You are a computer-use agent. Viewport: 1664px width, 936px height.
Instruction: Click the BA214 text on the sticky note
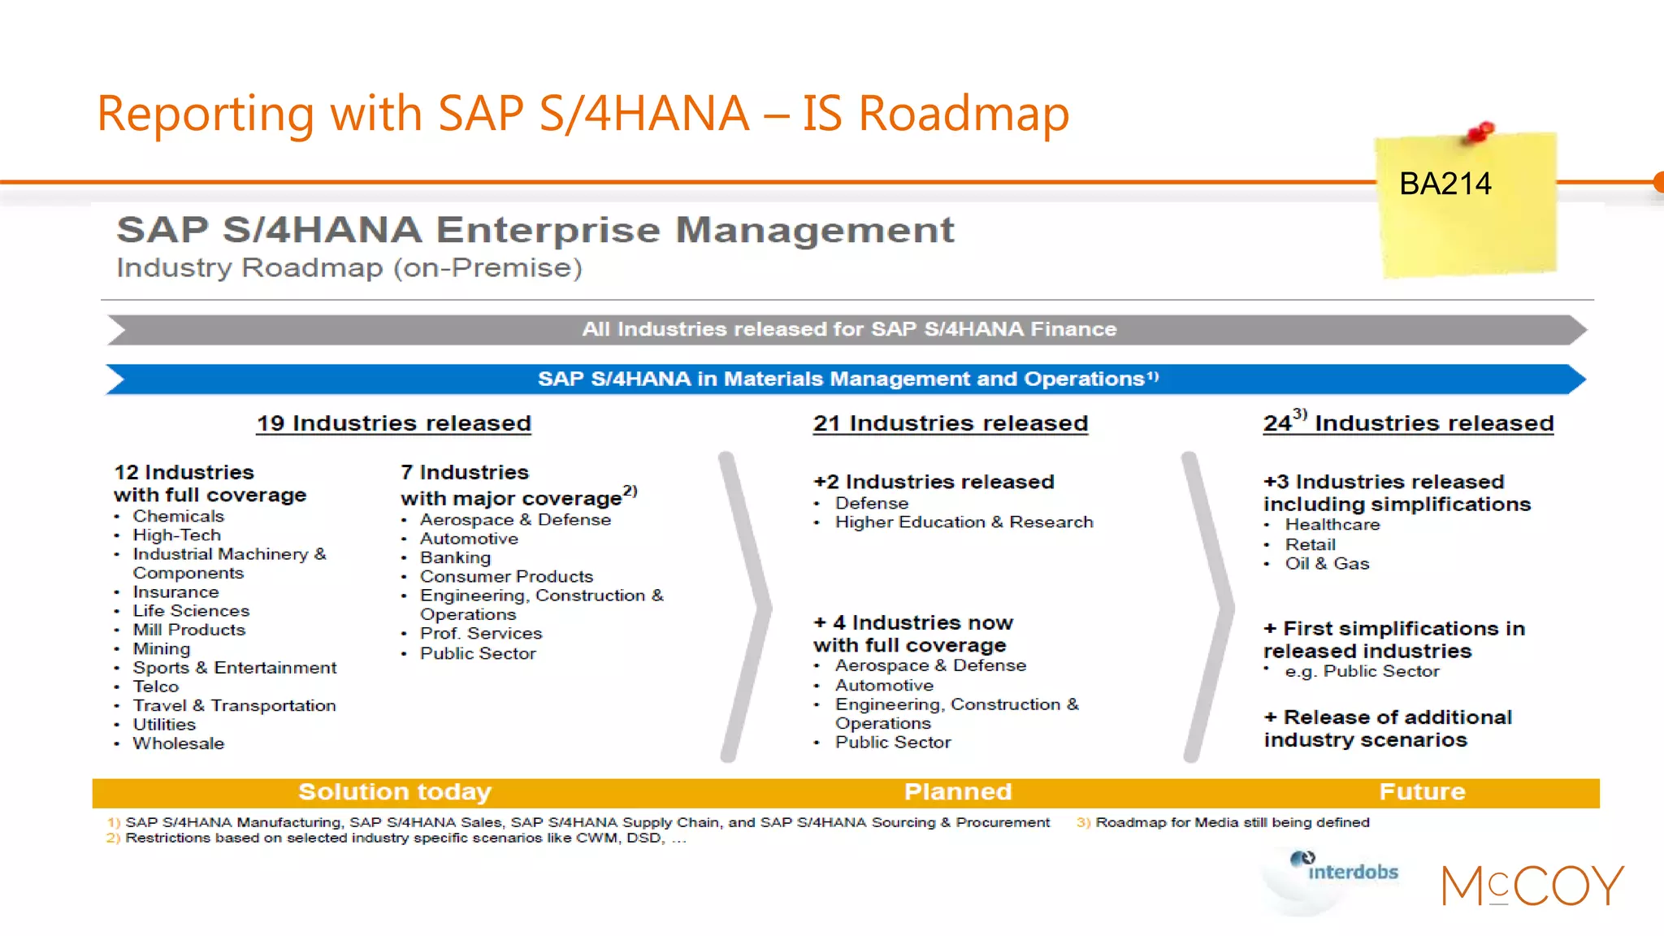(1445, 184)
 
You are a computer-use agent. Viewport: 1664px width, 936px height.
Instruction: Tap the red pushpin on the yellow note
(1480, 132)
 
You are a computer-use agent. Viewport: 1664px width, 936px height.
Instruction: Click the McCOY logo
(1532, 886)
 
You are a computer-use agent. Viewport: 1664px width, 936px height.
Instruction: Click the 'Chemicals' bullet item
(178, 517)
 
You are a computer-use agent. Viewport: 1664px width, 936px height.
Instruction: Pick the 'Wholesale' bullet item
(178, 743)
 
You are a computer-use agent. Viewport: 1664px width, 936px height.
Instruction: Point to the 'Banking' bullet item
(455, 557)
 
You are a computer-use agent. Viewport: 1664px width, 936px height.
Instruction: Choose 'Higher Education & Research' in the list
(964, 522)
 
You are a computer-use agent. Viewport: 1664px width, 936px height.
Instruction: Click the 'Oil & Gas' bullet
(1327, 564)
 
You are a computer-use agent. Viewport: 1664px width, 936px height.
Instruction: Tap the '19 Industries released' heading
(394, 423)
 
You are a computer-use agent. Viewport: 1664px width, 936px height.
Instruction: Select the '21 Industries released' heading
(951, 423)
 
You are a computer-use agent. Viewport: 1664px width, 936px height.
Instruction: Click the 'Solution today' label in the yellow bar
(395, 792)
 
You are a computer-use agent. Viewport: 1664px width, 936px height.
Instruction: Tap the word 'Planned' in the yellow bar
(958, 792)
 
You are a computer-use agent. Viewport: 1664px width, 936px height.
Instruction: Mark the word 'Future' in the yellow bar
(1422, 792)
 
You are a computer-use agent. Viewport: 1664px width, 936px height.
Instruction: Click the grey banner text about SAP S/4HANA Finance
(849, 329)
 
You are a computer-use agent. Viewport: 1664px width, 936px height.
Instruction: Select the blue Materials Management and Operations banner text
(847, 379)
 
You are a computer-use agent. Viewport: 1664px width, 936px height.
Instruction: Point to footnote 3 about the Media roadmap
(1231, 822)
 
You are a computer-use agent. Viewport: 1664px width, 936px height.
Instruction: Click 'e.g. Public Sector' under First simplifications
(1362, 672)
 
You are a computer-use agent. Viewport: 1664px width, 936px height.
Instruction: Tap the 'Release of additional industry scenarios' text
(1388, 729)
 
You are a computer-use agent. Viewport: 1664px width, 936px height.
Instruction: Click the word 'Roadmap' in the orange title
(964, 114)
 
